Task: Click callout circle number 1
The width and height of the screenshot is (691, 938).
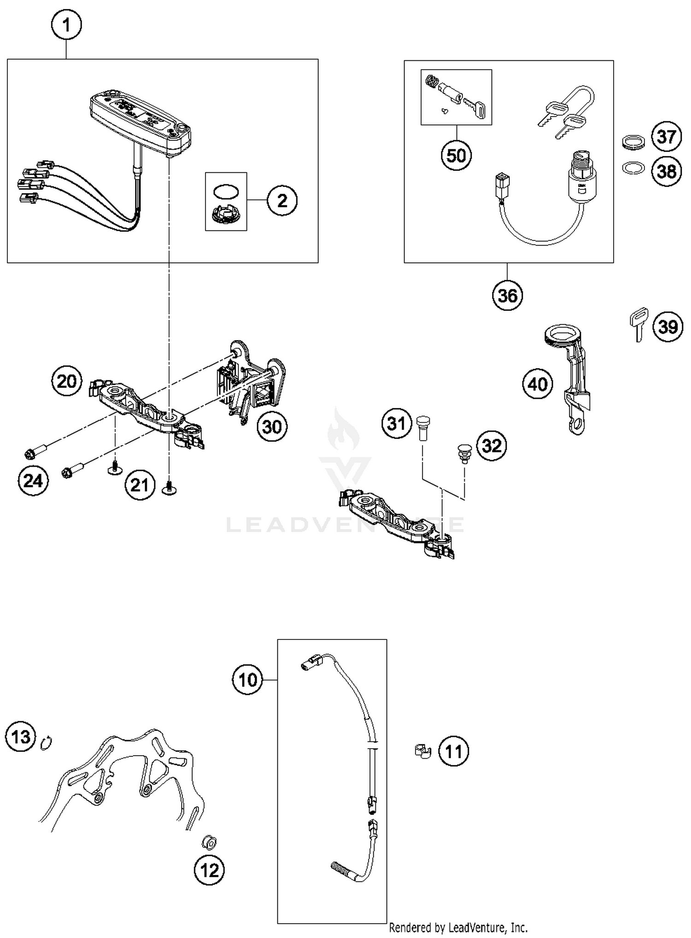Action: (x=66, y=25)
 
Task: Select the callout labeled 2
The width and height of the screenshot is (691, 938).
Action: (x=282, y=200)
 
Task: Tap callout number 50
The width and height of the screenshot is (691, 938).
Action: (x=456, y=155)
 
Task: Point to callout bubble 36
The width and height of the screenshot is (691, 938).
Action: (x=507, y=295)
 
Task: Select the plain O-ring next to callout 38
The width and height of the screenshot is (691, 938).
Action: (x=632, y=168)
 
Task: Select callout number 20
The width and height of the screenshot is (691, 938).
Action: (x=66, y=381)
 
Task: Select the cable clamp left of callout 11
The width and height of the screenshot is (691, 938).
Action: (x=422, y=751)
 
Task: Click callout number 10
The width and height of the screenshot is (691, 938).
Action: (x=248, y=680)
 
